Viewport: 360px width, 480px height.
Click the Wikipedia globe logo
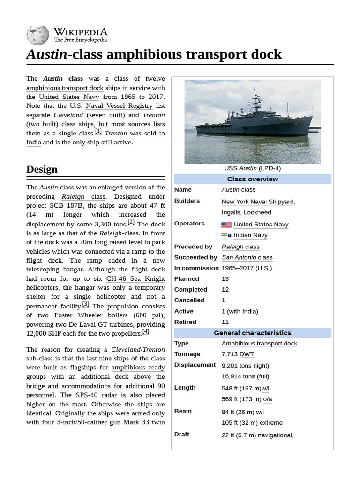point(37,35)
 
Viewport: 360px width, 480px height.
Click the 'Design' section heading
point(42,169)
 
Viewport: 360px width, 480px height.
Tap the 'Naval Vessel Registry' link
point(119,106)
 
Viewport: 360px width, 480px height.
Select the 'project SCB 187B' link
point(55,205)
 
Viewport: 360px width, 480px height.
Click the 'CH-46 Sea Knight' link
point(135,278)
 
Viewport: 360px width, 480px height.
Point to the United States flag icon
point(227,225)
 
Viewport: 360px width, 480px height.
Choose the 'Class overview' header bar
point(253,179)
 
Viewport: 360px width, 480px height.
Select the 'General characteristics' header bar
point(253,333)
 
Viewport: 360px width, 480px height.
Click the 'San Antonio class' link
point(247,257)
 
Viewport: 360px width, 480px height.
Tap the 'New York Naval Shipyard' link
point(258,202)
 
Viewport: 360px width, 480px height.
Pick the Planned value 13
point(225,279)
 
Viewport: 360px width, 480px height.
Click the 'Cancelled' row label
point(189,300)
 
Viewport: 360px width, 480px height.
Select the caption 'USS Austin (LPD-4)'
point(253,168)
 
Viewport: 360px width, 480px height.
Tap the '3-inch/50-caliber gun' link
point(89,422)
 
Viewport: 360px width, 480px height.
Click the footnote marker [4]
point(146,331)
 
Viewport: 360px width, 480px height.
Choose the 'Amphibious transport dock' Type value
point(259,344)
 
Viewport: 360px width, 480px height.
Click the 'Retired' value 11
point(225,322)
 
